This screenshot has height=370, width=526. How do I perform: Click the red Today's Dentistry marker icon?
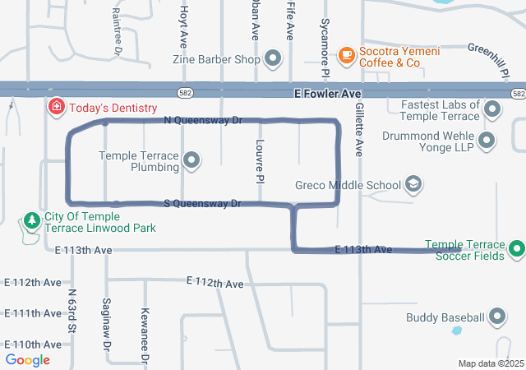pos(56,108)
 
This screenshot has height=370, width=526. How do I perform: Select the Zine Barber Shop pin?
pos(273,59)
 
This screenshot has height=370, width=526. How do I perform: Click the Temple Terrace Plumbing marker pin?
pos(191,160)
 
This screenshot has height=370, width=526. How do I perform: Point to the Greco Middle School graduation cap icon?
pos(414,185)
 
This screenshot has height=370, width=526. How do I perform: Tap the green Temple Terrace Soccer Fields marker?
pos(516,250)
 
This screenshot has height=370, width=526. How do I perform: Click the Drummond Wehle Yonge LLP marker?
pos(487,140)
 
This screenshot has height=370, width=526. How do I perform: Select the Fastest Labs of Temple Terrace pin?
pos(492,110)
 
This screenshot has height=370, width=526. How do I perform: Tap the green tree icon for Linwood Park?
pos(31,220)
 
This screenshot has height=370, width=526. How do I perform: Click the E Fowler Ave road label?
pos(327,95)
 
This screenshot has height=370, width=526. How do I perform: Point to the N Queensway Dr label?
pos(203,120)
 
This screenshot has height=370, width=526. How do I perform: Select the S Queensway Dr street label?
pos(201,203)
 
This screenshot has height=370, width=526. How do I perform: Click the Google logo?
pos(28,359)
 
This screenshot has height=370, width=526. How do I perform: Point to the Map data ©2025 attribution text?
pos(490,363)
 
